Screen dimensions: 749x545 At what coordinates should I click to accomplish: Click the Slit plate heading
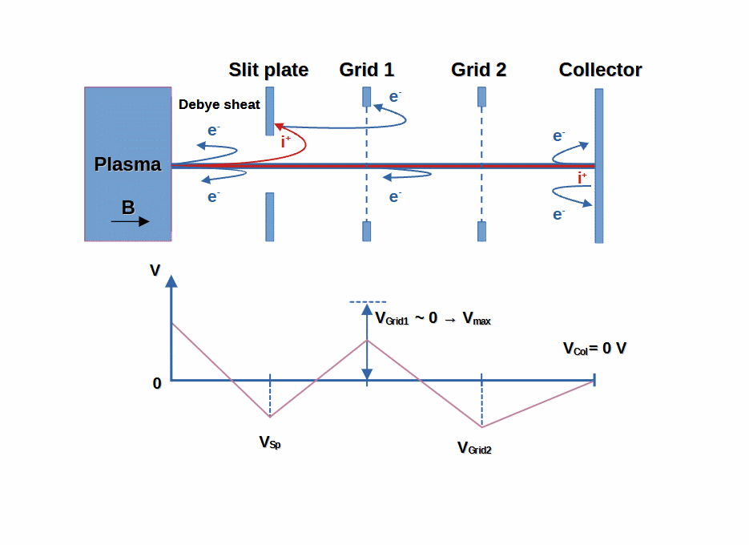coord(268,70)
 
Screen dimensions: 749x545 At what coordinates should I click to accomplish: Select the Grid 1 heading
coord(367,70)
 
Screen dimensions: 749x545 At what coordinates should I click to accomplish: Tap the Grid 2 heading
coord(478,70)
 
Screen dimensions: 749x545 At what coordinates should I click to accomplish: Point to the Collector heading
coord(601,70)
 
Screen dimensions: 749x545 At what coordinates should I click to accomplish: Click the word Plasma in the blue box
coord(127,164)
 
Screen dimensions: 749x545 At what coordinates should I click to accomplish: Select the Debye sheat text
coord(219,105)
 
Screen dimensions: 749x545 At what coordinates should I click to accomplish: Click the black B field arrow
coord(131,221)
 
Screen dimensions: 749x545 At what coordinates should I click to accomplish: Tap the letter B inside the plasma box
coord(128,208)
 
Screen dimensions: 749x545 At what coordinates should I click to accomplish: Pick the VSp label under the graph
coord(270,442)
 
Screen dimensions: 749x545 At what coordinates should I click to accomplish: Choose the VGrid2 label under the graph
coord(474,448)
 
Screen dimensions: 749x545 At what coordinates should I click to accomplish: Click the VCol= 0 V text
coord(594,349)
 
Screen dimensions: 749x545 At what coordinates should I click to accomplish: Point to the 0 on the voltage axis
coord(157,383)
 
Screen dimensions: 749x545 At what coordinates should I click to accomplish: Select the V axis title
coord(155,270)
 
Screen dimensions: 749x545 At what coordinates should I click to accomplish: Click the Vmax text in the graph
coord(477,318)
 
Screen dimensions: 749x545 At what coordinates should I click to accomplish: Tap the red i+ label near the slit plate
coord(286,142)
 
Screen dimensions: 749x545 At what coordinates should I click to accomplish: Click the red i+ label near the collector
coord(582,178)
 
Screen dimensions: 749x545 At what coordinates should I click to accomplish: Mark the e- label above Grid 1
coord(395,96)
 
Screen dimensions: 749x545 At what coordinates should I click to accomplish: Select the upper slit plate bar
coord(270,111)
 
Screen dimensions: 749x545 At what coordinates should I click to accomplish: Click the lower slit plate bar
coord(270,217)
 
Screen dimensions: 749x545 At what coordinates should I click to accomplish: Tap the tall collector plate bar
coord(599,166)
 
